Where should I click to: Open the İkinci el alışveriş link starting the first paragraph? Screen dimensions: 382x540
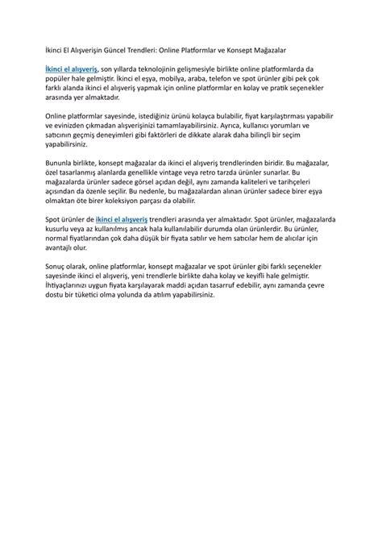click(x=71, y=71)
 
